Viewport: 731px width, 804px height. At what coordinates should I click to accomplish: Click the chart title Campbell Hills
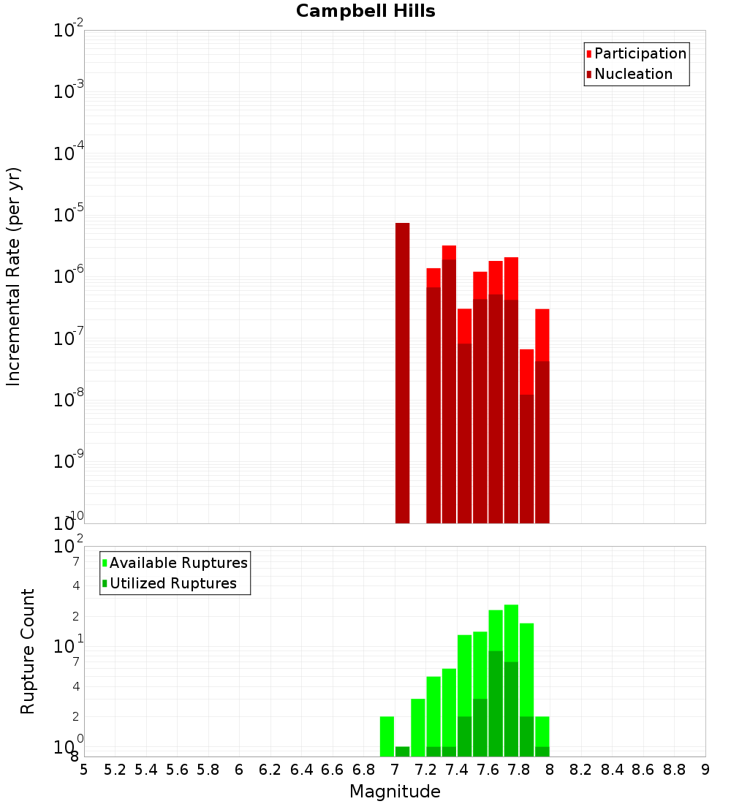(x=365, y=12)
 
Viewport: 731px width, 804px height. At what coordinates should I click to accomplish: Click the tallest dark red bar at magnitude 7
(x=402, y=373)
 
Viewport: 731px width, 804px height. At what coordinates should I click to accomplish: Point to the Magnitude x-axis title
(x=395, y=792)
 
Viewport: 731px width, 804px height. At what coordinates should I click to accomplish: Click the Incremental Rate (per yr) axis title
(x=14, y=276)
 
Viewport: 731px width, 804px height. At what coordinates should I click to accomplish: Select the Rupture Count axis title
(x=28, y=651)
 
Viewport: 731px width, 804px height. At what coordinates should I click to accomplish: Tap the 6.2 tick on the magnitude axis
(x=270, y=770)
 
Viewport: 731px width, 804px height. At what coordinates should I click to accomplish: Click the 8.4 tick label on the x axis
(x=613, y=770)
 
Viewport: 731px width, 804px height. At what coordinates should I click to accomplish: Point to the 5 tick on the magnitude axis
(x=84, y=770)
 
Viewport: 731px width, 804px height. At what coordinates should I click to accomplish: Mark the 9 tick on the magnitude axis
(x=705, y=770)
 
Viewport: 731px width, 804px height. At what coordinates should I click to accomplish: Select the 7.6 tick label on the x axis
(x=488, y=770)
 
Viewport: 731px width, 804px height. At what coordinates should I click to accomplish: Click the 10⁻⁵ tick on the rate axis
(x=69, y=216)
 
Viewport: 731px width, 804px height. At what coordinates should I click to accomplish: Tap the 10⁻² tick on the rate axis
(x=69, y=31)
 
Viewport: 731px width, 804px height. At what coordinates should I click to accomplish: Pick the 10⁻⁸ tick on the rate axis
(x=69, y=401)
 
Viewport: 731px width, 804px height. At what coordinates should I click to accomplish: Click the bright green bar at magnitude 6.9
(x=387, y=736)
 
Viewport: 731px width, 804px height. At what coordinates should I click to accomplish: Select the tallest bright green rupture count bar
(x=511, y=680)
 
